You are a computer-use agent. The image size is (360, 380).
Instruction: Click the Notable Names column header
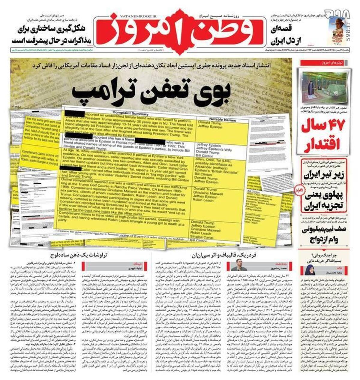[223, 119]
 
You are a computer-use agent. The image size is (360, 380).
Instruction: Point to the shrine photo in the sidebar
[323, 86]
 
